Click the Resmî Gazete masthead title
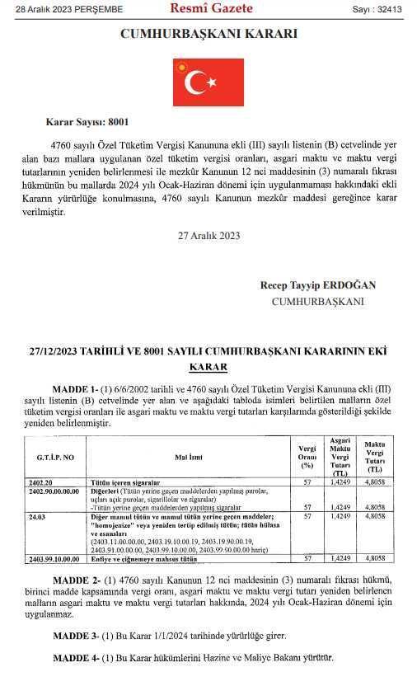pos(210,9)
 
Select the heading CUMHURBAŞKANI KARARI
pos(208,35)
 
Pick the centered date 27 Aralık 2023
pos(208,235)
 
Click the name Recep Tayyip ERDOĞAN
pos(317,284)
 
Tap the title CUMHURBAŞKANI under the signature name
pos(317,301)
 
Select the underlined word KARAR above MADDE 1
pos(208,366)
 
